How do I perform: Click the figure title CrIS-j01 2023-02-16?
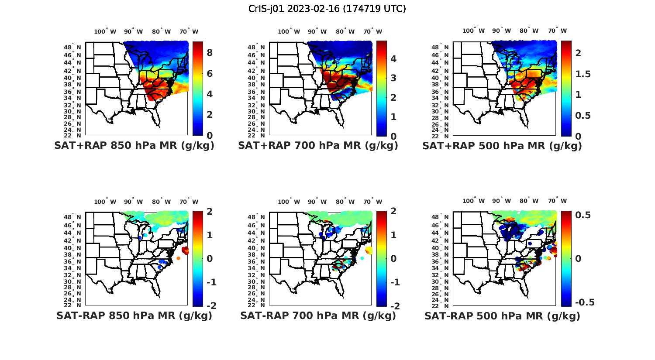pyautogui.click(x=327, y=9)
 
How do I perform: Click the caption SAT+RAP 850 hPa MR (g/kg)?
pyautogui.click(x=134, y=146)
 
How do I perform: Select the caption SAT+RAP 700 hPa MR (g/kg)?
pyautogui.click(x=318, y=146)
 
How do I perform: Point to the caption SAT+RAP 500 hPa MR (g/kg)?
pyautogui.click(x=502, y=146)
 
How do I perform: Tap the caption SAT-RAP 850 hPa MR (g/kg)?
pyautogui.click(x=134, y=315)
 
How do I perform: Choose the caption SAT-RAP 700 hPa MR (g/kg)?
pyautogui.click(x=318, y=315)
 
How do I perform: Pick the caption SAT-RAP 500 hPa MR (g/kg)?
pyautogui.click(x=502, y=315)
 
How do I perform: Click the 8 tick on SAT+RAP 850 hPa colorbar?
pyautogui.click(x=210, y=53)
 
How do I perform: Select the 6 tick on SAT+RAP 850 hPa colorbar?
pyautogui.click(x=210, y=73)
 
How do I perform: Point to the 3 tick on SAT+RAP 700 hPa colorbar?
pyautogui.click(x=393, y=78)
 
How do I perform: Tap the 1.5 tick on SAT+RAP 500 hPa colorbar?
pyautogui.click(x=583, y=74)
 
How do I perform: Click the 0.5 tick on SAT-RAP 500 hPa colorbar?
pyautogui.click(x=583, y=215)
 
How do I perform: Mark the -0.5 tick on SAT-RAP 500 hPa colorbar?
pyautogui.click(x=584, y=302)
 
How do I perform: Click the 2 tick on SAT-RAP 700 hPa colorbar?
pyautogui.click(x=393, y=212)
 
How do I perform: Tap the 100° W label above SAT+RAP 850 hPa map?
pyautogui.click(x=105, y=31)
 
